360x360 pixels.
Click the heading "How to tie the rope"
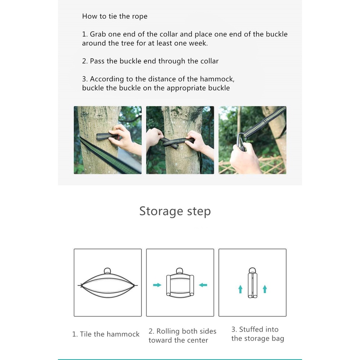[115, 16]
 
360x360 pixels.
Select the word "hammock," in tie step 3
[217, 79]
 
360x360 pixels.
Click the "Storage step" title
[175, 211]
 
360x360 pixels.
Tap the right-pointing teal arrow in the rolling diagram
[157, 285]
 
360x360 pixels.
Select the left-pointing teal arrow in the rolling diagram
[203, 285]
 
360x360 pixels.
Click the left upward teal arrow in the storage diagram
[240, 289]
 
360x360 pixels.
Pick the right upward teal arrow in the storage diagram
[265, 289]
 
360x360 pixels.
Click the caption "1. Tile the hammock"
[106, 334]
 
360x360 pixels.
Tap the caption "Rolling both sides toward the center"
[183, 336]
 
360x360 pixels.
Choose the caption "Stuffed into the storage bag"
[258, 334]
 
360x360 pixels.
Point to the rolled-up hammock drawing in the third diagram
[253, 283]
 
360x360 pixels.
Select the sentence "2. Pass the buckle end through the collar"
[150, 61]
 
